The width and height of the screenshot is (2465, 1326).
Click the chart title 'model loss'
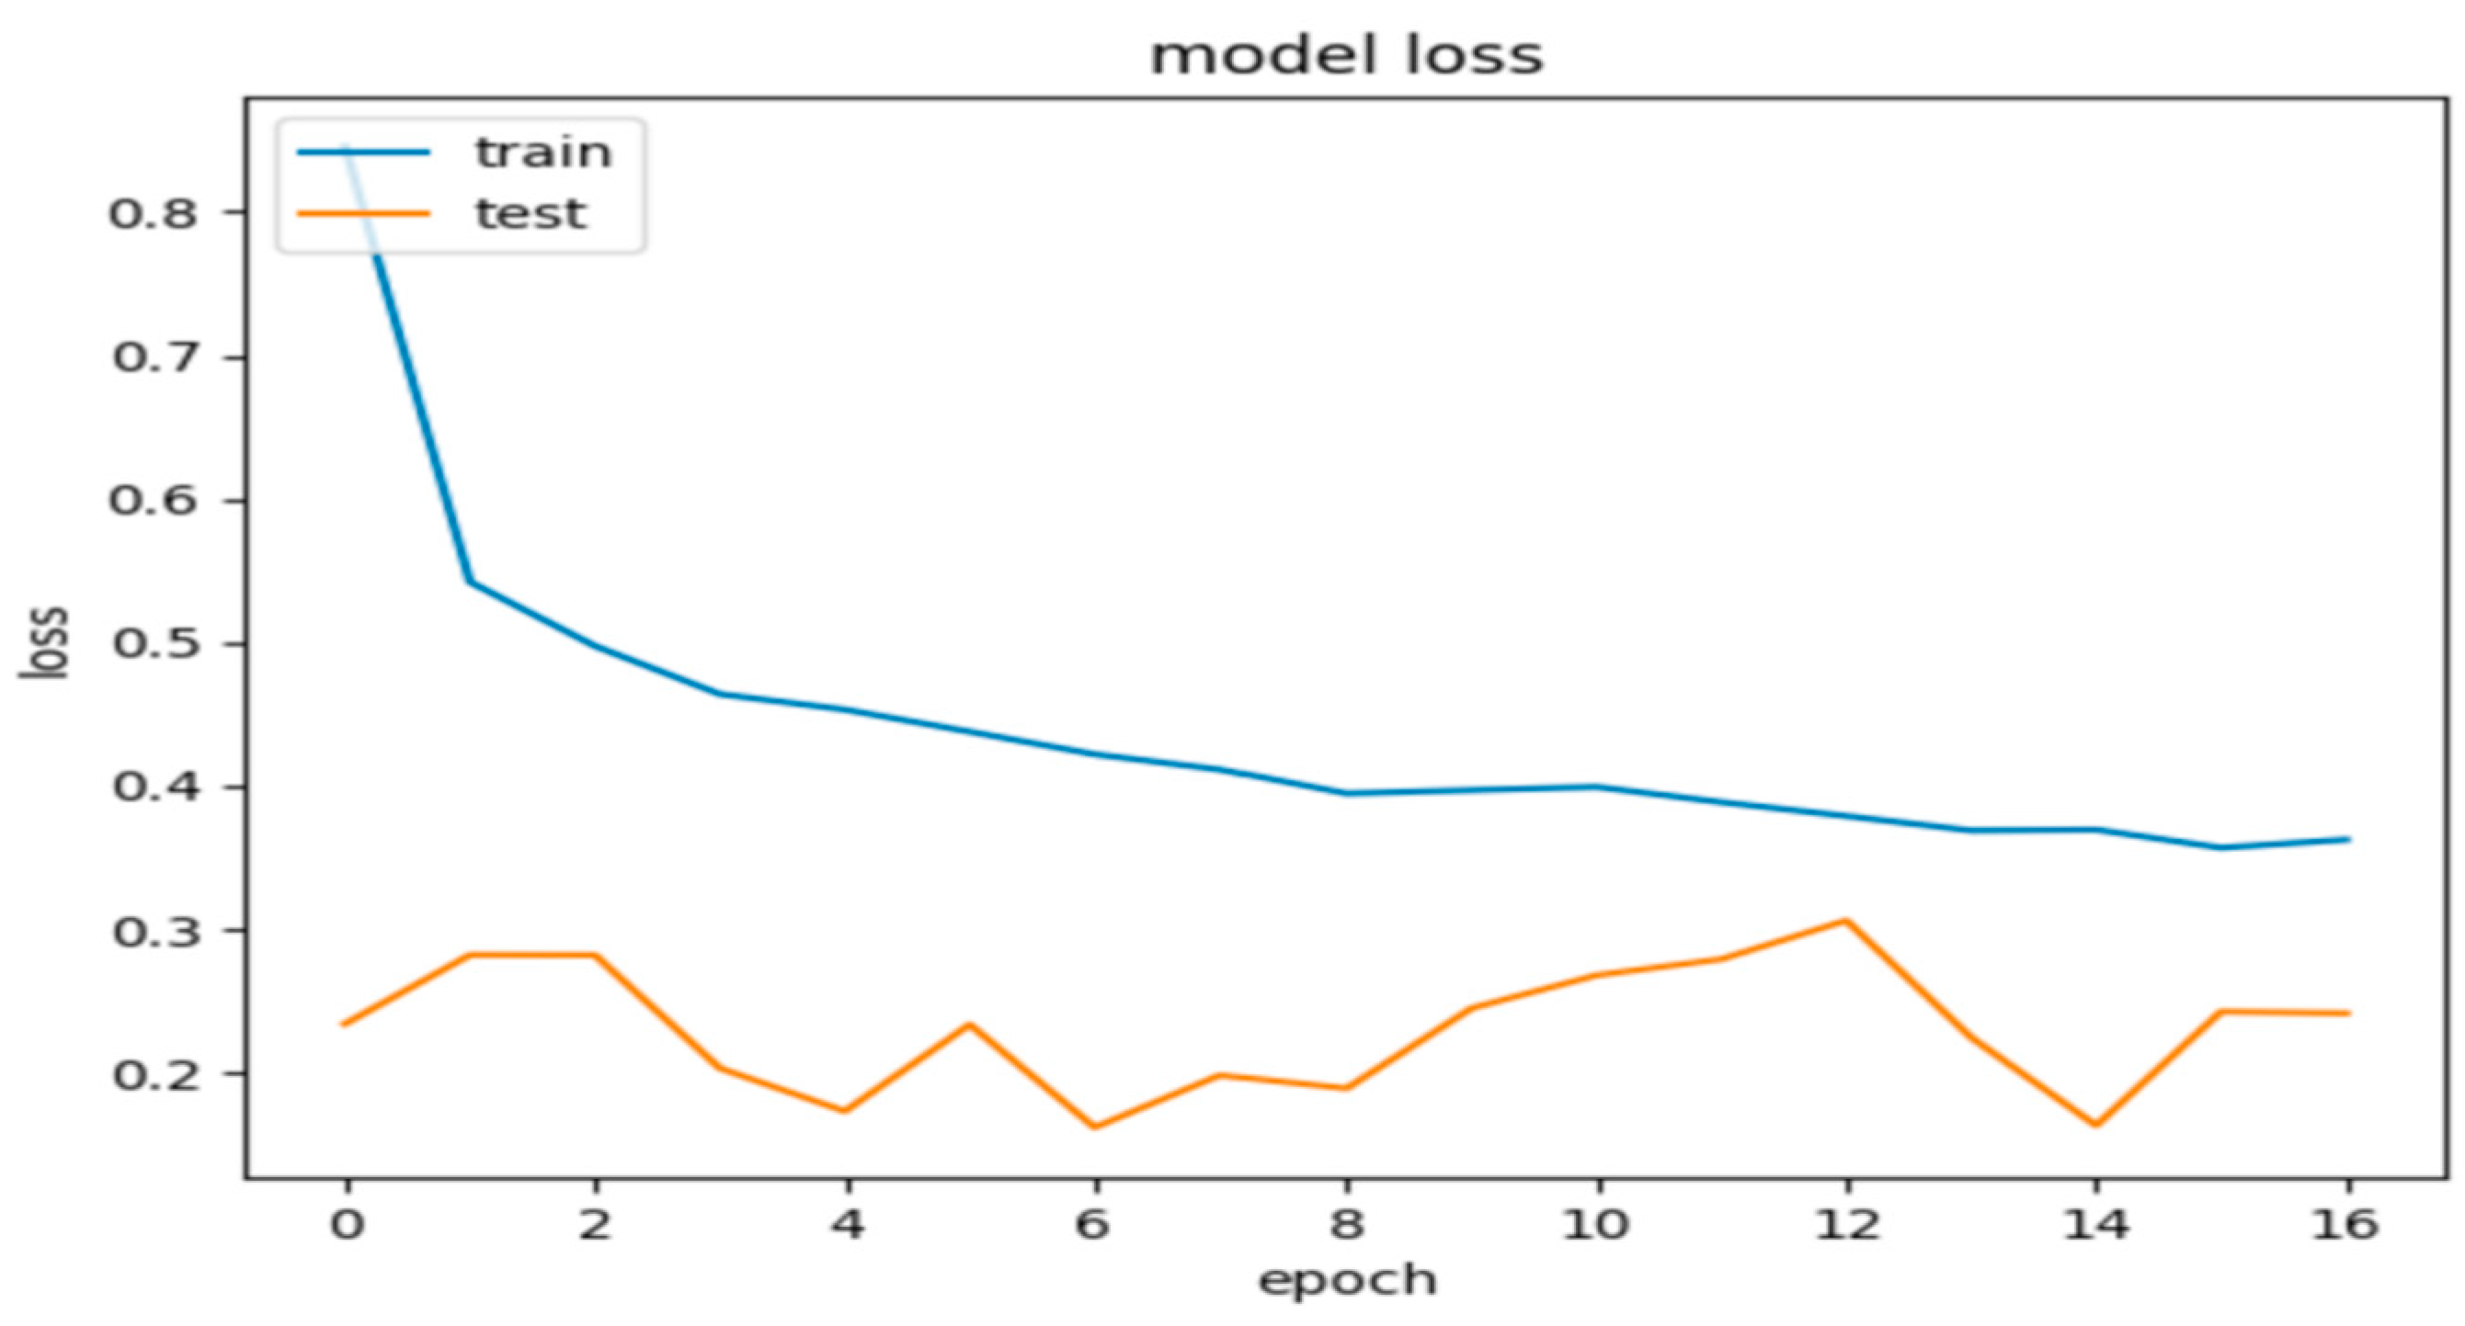click(x=1346, y=55)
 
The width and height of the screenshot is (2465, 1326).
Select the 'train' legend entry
click(x=542, y=153)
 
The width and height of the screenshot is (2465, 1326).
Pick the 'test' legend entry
click(x=531, y=213)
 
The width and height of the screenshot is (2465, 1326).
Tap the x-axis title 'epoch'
click(x=1346, y=1280)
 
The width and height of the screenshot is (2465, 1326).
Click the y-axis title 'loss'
click(x=46, y=643)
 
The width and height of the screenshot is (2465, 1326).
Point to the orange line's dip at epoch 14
click(x=2095, y=1125)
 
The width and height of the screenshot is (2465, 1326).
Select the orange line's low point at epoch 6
click(x=1095, y=1127)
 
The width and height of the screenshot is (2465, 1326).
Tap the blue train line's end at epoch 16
click(x=2347, y=840)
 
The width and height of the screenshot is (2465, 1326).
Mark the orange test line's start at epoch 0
click(x=345, y=1025)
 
